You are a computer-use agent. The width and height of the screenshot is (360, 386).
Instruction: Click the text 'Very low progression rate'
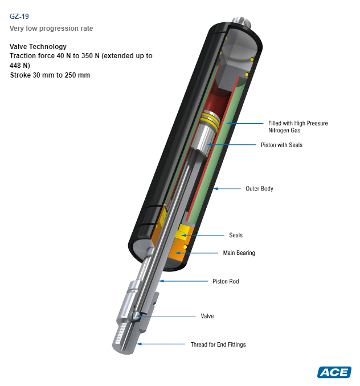pos(51,28)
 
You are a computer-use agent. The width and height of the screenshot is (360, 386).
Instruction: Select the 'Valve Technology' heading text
pos(38,47)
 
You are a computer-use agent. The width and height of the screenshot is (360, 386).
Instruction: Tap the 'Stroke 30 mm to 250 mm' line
pos(50,75)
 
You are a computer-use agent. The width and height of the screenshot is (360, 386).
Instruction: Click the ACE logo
pos(334,372)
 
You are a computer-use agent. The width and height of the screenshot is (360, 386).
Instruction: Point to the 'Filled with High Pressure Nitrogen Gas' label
pos(298,127)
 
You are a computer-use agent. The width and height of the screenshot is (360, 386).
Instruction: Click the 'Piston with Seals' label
pos(281,145)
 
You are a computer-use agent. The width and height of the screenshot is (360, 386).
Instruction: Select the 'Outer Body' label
pos(259,188)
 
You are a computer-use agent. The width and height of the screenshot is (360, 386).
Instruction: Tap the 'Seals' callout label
pos(236,235)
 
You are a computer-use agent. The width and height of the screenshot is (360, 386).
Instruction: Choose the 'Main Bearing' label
pos(239,253)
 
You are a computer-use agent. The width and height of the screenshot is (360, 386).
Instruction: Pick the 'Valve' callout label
pos(207,316)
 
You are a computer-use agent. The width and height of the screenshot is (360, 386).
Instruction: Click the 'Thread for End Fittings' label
pos(218,344)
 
